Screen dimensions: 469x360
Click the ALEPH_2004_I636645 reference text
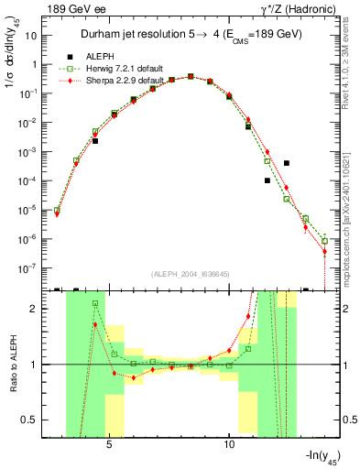(x=189, y=274)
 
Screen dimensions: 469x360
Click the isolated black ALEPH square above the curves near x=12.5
(x=287, y=163)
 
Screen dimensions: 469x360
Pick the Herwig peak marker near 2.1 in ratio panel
(x=95, y=303)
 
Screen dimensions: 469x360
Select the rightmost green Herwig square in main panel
(x=324, y=241)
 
